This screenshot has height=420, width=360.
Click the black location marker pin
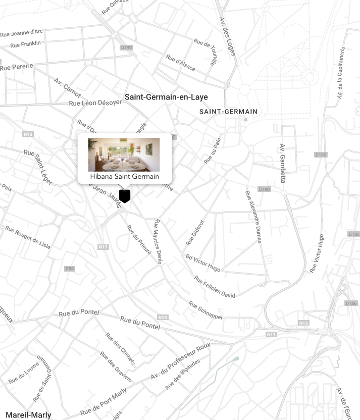pyautogui.click(x=125, y=196)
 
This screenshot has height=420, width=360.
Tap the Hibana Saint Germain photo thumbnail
pyautogui.click(x=124, y=154)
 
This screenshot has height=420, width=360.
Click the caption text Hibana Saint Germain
pyautogui.click(x=124, y=177)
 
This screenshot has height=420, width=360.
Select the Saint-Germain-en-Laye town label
pyautogui.click(x=166, y=97)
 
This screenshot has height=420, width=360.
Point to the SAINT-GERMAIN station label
pyautogui.click(x=228, y=112)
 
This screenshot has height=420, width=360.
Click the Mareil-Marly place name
pyautogui.click(x=28, y=415)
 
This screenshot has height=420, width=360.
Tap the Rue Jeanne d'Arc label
pyautogui.click(x=22, y=33)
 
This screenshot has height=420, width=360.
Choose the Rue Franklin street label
pyautogui.click(x=25, y=44)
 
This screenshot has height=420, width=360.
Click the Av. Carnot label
pyautogui.click(x=67, y=88)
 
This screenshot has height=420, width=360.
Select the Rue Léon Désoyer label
pyautogui.click(x=95, y=102)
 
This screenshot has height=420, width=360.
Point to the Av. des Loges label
pyautogui.click(x=227, y=37)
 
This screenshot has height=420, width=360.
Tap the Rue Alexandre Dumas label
pyautogui.click(x=253, y=217)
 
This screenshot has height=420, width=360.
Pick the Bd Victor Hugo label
pyautogui.click(x=202, y=262)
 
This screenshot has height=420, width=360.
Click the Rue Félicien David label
pyautogui.click(x=215, y=287)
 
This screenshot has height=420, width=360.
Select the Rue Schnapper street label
pyautogui.click(x=205, y=310)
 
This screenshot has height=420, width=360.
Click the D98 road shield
pyautogui.click(x=69, y=269)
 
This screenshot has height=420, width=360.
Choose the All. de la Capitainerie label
pyautogui.click(x=341, y=73)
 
